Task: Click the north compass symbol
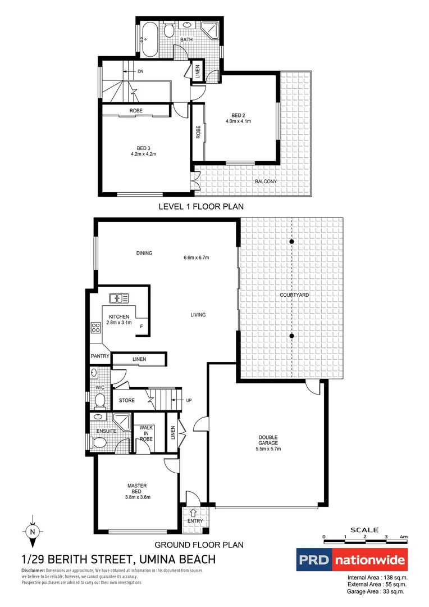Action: click(33, 531)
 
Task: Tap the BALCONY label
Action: click(266, 182)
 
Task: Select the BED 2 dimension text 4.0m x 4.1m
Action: click(238, 121)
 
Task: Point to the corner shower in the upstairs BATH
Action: click(210, 31)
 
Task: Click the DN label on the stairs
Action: click(140, 71)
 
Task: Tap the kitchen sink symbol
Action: click(120, 298)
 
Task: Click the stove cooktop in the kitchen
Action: click(95, 329)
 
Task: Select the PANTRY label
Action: click(99, 356)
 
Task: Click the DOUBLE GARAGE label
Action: click(268, 440)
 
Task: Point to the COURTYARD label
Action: click(292, 295)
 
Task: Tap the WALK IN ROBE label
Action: click(146, 433)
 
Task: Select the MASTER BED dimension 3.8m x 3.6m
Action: click(138, 497)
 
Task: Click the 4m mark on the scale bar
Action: click(403, 537)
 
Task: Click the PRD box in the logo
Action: click(313, 560)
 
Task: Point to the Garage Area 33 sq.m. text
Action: click(376, 591)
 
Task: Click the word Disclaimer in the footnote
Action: click(33, 570)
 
